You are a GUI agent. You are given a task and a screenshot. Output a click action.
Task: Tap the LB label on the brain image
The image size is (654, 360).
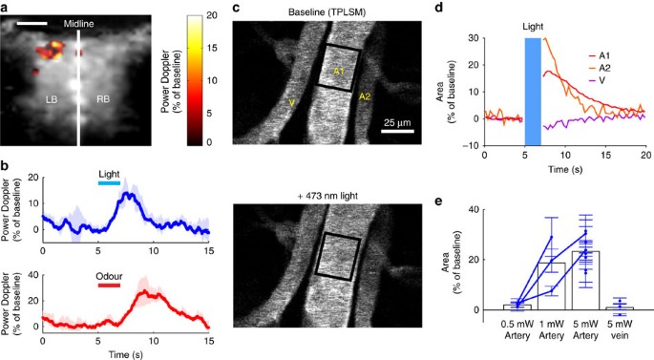[x=48, y=97]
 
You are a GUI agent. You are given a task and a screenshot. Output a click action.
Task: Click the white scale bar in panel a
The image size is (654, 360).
[x=32, y=20]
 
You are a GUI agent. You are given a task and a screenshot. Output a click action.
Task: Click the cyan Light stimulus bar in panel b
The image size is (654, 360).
[x=110, y=182]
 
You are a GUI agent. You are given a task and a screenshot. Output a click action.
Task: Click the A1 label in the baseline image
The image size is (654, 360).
[x=340, y=72]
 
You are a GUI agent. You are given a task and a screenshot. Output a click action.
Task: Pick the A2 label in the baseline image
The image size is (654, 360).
[x=365, y=96]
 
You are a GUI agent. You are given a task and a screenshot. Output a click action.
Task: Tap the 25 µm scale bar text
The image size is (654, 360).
[x=398, y=122]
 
